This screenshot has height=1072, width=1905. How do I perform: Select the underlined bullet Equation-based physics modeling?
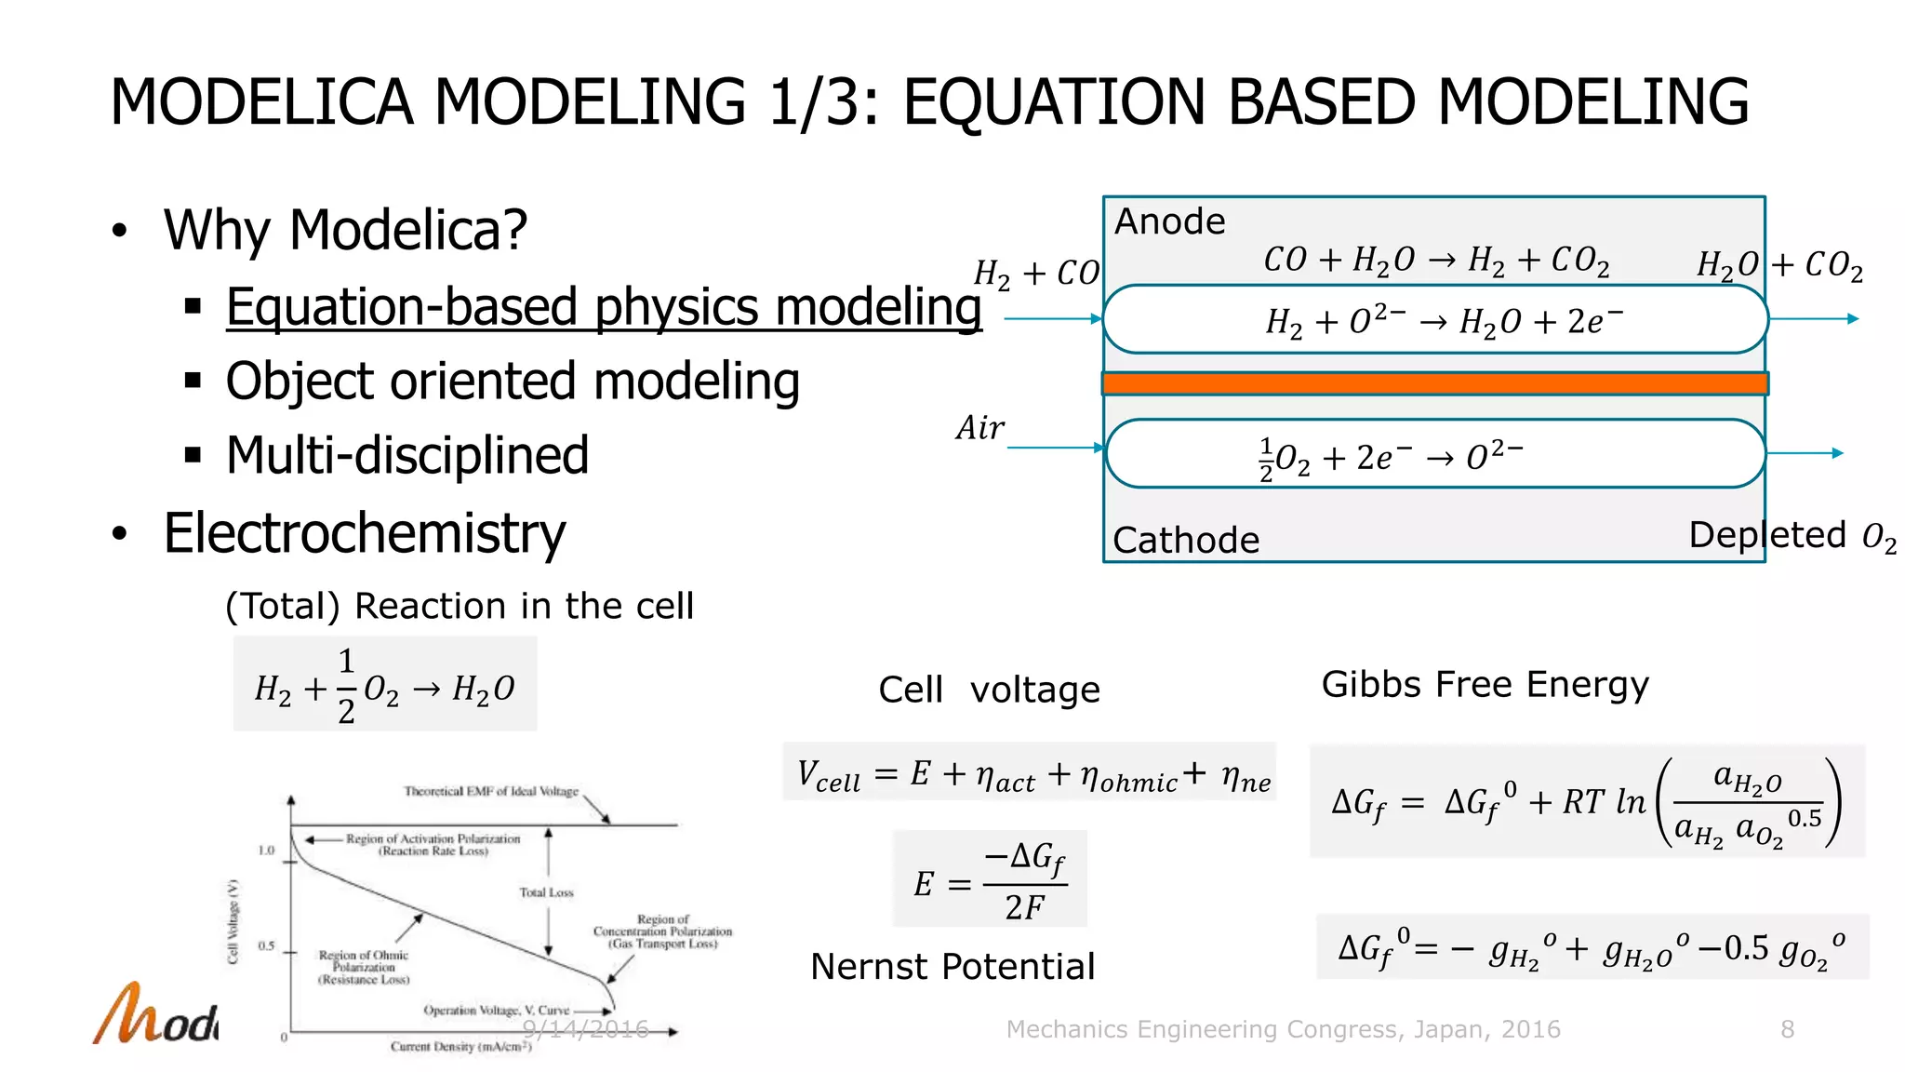tap(604, 307)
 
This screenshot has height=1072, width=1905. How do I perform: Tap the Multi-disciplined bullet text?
tap(407, 455)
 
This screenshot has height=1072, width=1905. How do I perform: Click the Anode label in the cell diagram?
tap(1169, 221)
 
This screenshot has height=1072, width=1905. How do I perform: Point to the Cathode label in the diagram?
tap(1186, 540)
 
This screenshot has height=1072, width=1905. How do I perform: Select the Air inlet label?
tap(979, 428)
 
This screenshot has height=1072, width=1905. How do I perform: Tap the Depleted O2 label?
tap(1791, 536)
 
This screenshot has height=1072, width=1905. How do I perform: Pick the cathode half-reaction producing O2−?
tap(1391, 457)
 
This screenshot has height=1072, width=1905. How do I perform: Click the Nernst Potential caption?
tap(952, 967)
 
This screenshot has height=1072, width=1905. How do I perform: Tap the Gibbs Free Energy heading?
tap(1485, 685)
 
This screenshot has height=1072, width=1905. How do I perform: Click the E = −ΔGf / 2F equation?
tap(990, 879)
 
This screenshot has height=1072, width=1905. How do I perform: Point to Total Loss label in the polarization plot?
tap(546, 892)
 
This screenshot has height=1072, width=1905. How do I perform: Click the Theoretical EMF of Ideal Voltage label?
tap(491, 791)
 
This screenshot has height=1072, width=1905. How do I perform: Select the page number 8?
tap(1787, 1029)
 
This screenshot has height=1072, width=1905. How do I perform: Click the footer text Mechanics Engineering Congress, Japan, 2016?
tap(1283, 1029)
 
